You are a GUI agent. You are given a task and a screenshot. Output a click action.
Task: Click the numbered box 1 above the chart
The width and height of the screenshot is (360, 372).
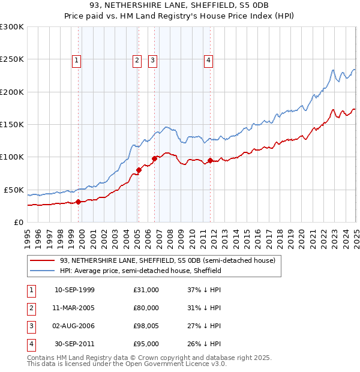(77, 59)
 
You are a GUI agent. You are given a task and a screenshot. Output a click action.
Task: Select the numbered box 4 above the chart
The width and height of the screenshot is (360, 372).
(208, 59)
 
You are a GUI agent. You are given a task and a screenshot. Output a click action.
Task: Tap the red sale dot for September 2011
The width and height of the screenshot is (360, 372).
(211, 160)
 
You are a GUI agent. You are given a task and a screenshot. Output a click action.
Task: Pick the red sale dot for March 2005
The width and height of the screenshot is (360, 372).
(139, 170)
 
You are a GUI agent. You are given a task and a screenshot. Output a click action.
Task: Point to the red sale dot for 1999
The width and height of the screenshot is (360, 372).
(79, 202)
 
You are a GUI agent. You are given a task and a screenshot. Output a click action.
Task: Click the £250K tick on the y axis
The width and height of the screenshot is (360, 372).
(12, 59)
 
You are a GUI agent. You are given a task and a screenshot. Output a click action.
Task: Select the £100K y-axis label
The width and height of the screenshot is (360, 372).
(12, 157)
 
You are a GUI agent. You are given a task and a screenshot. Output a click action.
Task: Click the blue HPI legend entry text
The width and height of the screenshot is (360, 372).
(140, 271)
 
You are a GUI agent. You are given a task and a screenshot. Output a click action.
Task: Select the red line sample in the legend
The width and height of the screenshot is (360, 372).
(42, 260)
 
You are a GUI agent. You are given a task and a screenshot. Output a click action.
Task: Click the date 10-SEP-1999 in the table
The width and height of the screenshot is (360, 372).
(74, 290)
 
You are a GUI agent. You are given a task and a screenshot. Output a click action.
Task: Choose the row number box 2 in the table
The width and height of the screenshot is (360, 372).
(30, 308)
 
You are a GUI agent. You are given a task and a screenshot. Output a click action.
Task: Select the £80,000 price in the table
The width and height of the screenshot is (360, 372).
(146, 308)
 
